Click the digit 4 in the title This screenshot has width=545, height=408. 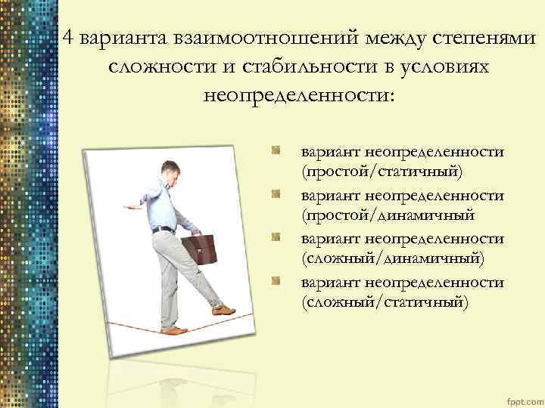click(x=69, y=39)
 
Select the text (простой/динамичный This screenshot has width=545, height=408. click(x=388, y=215)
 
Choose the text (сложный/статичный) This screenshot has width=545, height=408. click(x=385, y=302)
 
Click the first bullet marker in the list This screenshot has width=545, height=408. click(x=278, y=152)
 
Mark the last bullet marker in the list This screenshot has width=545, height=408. click(x=278, y=283)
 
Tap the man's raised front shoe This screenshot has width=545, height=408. click(x=224, y=309)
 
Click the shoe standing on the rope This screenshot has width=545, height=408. click(x=173, y=330)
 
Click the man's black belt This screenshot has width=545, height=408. click(x=162, y=228)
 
